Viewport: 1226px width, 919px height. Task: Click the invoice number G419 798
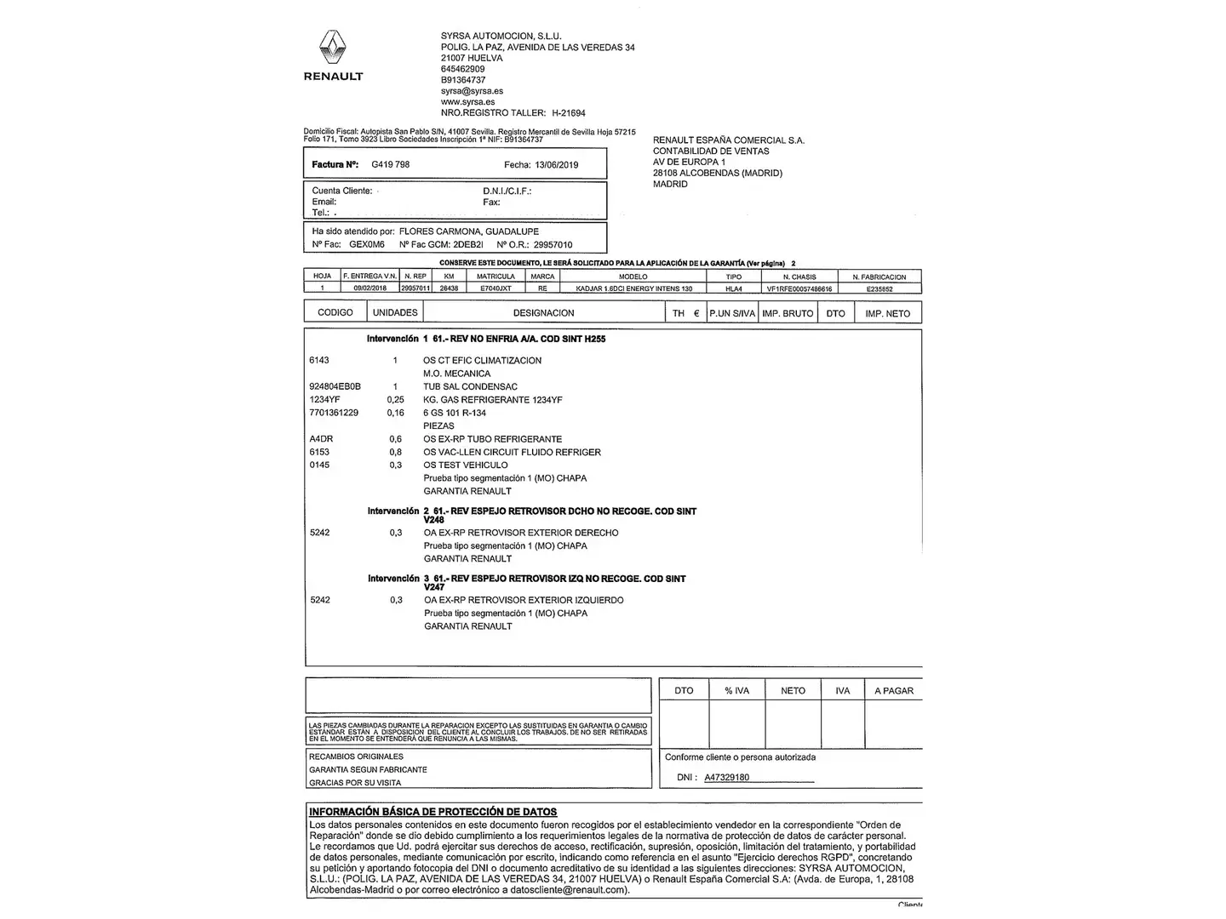[390, 164]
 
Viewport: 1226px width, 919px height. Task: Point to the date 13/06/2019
[557, 165]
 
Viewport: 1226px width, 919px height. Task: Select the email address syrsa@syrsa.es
[472, 91]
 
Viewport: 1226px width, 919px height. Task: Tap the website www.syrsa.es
[467, 102]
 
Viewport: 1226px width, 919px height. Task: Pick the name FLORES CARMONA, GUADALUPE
[468, 231]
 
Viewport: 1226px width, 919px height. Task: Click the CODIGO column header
[335, 313]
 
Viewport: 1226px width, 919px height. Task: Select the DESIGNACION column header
[543, 313]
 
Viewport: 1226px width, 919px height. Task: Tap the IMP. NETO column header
[887, 314]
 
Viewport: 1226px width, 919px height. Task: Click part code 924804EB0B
[335, 387]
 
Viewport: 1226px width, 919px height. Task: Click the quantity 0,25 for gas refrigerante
[395, 400]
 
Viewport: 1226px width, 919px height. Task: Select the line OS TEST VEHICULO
[465, 465]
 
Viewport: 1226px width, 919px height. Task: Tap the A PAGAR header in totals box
[893, 691]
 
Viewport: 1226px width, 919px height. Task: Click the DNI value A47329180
[726, 778]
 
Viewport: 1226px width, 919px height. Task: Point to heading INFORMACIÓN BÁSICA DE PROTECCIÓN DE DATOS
[433, 812]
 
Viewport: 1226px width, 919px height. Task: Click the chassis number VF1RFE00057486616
[799, 289]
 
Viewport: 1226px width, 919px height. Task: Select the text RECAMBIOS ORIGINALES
[356, 756]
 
